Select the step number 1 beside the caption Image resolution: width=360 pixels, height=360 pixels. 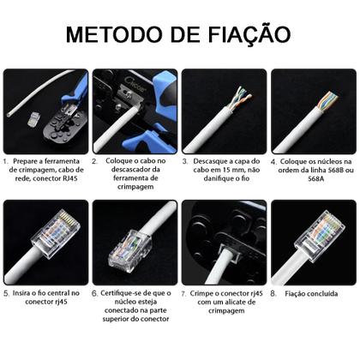click(x=6, y=160)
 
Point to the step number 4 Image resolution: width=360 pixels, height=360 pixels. click(x=273, y=160)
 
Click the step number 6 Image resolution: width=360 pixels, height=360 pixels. click(x=95, y=292)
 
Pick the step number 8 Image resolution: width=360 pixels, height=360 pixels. click(x=273, y=292)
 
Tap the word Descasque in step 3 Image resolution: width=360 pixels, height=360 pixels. click(x=211, y=160)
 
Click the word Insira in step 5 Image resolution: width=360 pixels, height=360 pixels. click(x=26, y=292)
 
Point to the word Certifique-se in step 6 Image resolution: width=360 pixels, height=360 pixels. click(x=127, y=292)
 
